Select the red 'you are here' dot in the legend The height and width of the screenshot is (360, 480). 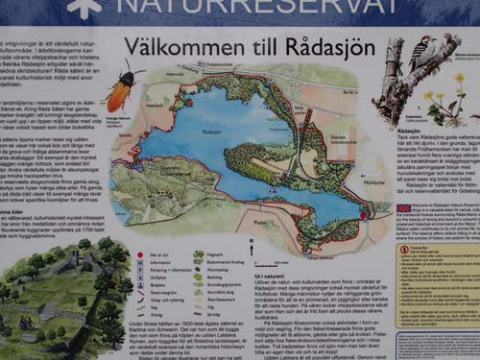(141, 255)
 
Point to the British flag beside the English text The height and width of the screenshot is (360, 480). (404, 207)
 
